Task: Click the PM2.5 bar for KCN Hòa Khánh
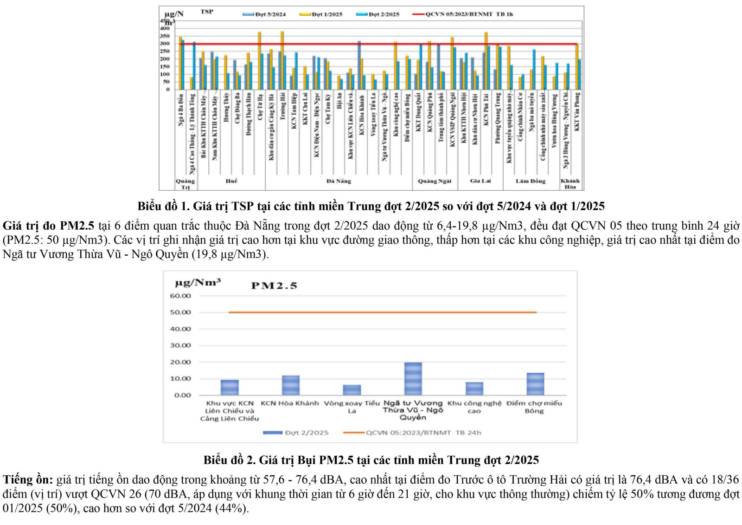tap(291, 385)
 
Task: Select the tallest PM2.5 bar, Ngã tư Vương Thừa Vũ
tap(413, 379)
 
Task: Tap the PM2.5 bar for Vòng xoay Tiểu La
tap(352, 390)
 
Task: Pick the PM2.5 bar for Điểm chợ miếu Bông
tap(535, 384)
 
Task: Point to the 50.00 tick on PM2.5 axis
tap(180, 312)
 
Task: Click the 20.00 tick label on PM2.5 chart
tap(180, 362)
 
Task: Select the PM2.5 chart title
tap(274, 285)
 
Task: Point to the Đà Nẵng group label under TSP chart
tap(339, 181)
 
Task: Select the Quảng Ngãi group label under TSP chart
tap(434, 181)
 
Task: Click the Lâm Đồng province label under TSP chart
tap(531, 181)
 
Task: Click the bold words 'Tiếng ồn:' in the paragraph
tap(28, 480)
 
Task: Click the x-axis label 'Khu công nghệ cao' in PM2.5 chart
tap(474, 407)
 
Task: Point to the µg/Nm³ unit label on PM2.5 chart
tap(198, 282)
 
